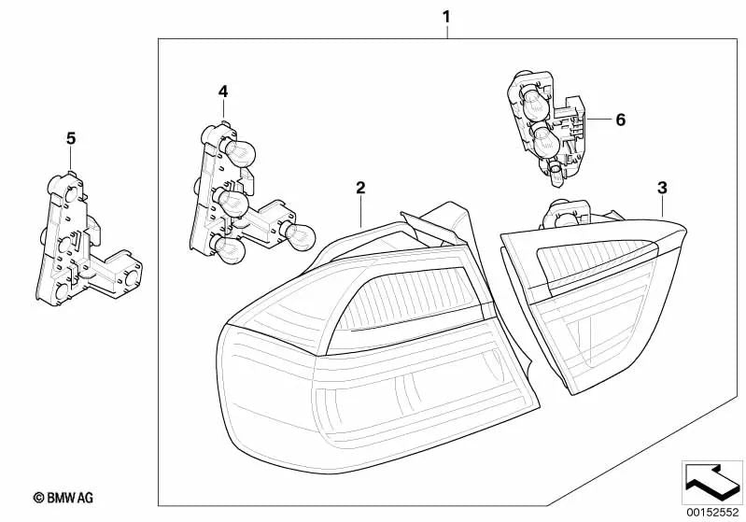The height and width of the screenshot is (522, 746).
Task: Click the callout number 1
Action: (x=445, y=17)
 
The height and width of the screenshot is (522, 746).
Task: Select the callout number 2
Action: (x=360, y=188)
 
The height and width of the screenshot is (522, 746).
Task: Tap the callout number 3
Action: (x=662, y=188)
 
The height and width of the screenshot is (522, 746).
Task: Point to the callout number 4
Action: (x=223, y=92)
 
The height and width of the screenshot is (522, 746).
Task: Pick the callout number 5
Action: (x=71, y=138)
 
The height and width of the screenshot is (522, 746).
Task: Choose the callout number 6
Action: (x=620, y=120)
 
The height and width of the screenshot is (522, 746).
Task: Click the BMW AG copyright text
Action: (x=63, y=498)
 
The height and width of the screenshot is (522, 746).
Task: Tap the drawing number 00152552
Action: (x=712, y=513)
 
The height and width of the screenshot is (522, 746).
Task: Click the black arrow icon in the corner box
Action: (x=711, y=480)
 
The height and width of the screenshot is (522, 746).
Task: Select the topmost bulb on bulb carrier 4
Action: (x=239, y=152)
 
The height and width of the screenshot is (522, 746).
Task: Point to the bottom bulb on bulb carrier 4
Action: (x=228, y=249)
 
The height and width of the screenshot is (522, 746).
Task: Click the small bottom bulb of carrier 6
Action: (x=555, y=173)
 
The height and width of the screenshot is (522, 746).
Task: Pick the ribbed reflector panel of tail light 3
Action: (x=595, y=265)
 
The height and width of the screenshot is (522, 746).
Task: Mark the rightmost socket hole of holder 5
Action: (x=132, y=277)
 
